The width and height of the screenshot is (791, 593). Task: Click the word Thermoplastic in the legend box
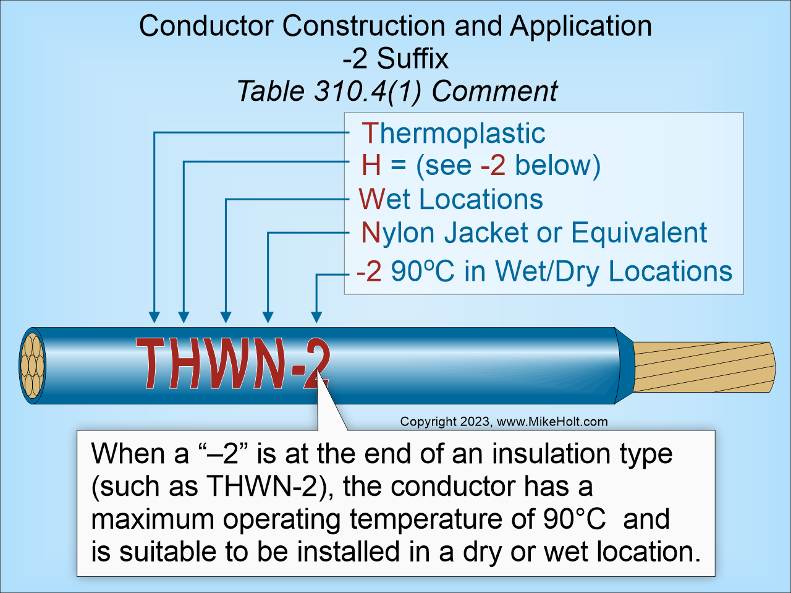click(x=453, y=134)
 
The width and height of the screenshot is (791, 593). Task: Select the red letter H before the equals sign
click(x=371, y=166)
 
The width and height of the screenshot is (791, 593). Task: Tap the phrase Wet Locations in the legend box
click(x=450, y=199)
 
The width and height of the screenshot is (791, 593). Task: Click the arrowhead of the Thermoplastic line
click(x=154, y=317)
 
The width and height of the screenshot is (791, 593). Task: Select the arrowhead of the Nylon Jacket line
click(x=268, y=317)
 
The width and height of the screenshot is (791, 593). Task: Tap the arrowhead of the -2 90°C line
click(x=316, y=317)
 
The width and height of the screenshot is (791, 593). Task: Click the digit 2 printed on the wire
click(x=316, y=366)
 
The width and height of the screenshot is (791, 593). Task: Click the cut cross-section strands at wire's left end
click(x=32, y=366)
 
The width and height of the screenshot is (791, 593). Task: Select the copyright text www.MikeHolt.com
click(x=552, y=422)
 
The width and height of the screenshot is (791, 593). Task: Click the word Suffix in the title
click(x=412, y=59)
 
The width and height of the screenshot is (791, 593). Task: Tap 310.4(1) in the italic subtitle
click(x=368, y=92)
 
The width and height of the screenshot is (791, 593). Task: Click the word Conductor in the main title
click(x=206, y=26)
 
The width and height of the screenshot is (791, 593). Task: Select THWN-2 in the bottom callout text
click(x=265, y=487)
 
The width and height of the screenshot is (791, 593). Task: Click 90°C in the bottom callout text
click(x=574, y=519)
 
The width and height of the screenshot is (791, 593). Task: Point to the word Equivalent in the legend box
click(x=638, y=233)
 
